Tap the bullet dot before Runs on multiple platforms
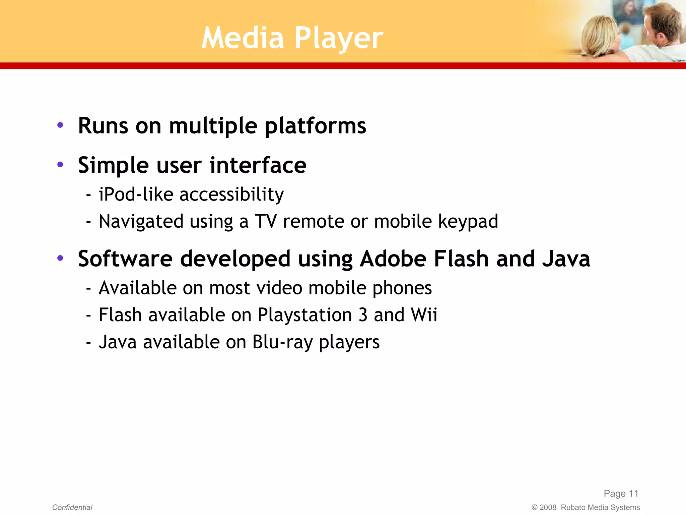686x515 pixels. pyautogui.click(x=60, y=125)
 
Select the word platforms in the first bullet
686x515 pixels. pyautogui.click(x=315, y=126)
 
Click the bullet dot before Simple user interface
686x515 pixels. pyautogui.click(x=60, y=164)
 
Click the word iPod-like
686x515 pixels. pyautogui.click(x=136, y=194)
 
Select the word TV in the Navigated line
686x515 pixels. pyautogui.click(x=266, y=221)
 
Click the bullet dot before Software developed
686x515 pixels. pyautogui.click(x=60, y=258)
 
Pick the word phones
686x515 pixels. pyautogui.click(x=402, y=288)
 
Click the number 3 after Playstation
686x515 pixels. pyautogui.click(x=363, y=315)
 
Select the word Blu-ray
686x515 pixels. pyautogui.click(x=282, y=342)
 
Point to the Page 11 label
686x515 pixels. pyautogui.click(x=621, y=494)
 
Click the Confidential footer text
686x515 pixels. pyautogui.click(x=72, y=507)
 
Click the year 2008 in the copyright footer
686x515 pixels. pyautogui.click(x=548, y=508)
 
